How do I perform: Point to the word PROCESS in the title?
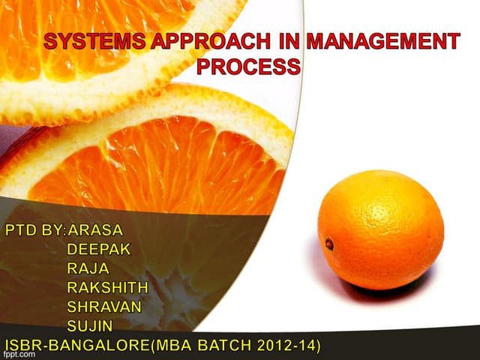[248, 67]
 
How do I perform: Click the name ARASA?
[95, 229]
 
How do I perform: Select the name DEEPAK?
[98, 249]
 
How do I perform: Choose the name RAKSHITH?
[107, 288]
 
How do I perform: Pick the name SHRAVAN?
[103, 307]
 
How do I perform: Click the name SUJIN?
[90, 326]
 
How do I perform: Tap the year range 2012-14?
[286, 345]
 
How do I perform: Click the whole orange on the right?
[380, 229]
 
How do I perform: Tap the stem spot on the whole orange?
[329, 244]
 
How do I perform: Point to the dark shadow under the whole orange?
[390, 291]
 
